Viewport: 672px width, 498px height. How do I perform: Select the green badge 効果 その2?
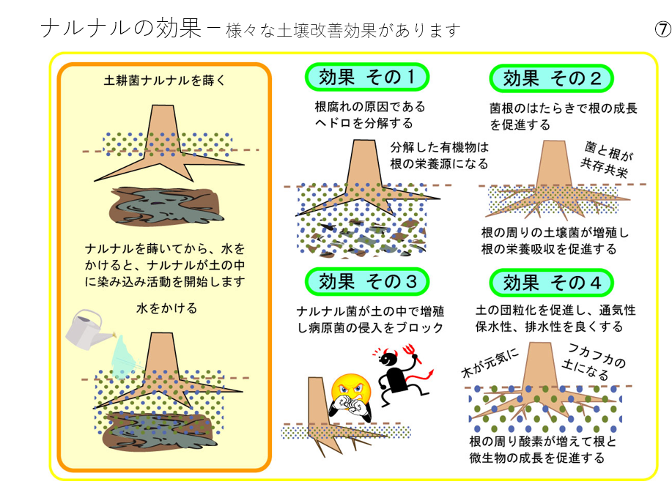coord(550,78)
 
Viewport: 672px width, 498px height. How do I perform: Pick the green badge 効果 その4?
coord(550,282)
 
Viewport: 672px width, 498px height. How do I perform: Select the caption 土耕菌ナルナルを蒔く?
coord(164,81)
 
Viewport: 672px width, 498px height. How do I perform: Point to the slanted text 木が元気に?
coord(490,362)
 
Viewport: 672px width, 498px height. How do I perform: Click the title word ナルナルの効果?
coord(120,29)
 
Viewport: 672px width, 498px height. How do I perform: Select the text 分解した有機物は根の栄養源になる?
coord(439,155)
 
